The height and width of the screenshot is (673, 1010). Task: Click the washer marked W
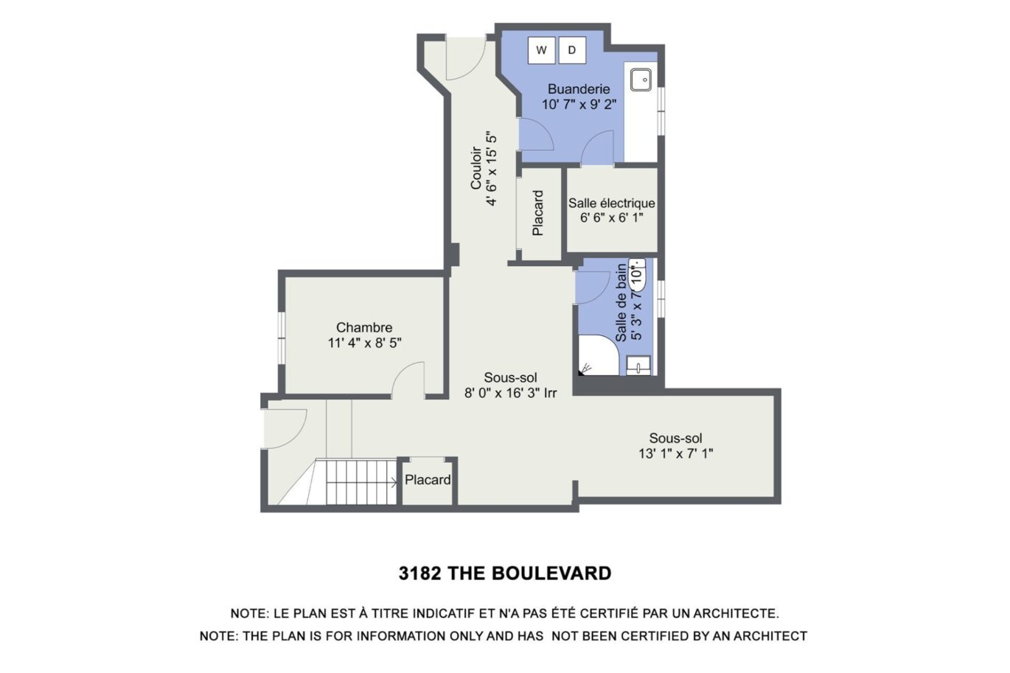542,50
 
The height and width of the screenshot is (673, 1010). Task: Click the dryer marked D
572,50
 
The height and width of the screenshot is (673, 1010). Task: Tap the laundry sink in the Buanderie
640,78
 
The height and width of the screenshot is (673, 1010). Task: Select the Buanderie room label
579,89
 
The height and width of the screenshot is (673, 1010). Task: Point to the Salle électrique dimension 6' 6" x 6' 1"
611,218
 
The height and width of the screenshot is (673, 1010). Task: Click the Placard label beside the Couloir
538,213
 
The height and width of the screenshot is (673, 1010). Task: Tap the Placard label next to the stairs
428,480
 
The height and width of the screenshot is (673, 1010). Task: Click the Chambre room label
364,327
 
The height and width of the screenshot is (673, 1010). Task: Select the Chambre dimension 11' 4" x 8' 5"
364,343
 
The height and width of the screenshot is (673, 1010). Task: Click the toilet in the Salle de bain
638,273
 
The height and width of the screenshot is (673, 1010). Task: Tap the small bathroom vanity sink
638,365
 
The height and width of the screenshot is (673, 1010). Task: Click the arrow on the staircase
393,483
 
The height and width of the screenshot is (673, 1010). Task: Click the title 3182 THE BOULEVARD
505,573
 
